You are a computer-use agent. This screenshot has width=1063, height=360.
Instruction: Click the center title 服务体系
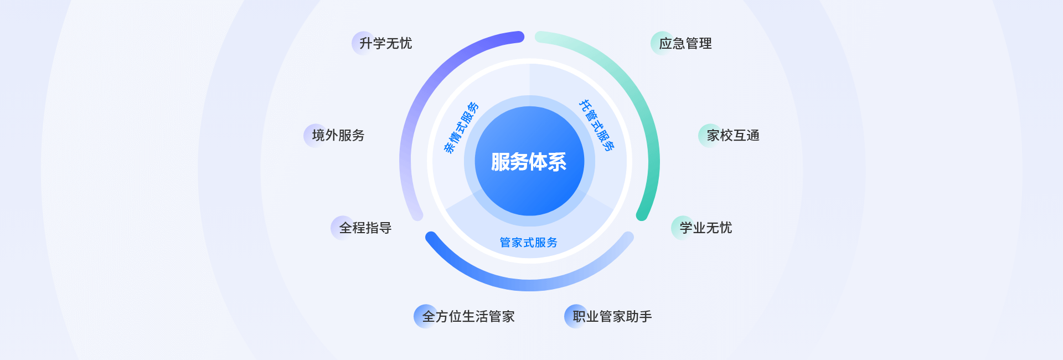point(529,162)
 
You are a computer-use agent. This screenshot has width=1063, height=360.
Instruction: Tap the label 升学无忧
point(386,43)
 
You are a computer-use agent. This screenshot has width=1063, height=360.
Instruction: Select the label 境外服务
point(338,135)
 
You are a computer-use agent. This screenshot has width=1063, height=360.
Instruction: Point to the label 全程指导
point(365,228)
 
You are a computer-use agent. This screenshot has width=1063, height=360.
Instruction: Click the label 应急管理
point(685,43)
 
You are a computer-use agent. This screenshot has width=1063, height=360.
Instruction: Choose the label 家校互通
point(733,135)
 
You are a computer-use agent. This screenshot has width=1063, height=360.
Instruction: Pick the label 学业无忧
point(706,228)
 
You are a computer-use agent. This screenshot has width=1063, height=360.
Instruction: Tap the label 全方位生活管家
point(468,316)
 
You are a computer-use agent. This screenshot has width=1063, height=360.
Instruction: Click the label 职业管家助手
point(612,316)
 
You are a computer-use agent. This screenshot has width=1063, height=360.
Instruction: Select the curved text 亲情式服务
point(461,127)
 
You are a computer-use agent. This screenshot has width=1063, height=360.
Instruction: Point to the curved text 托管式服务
point(597,125)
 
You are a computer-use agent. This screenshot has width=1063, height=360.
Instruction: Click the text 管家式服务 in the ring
point(529,243)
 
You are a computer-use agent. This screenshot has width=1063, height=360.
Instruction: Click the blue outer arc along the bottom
point(529,286)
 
